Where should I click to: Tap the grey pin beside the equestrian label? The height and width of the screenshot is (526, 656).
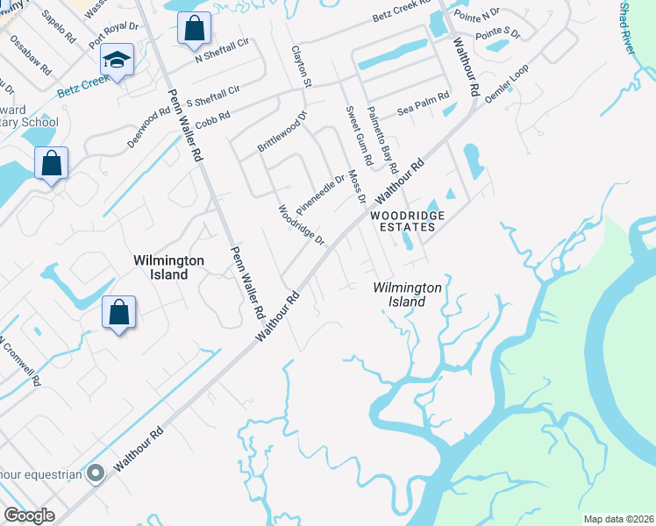(x=96, y=473)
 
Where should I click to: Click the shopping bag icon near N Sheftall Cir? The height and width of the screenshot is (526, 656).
(x=194, y=27)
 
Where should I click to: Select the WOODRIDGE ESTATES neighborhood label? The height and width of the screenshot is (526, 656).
(x=407, y=221)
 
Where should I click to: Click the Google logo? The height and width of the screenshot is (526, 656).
(x=29, y=515)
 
